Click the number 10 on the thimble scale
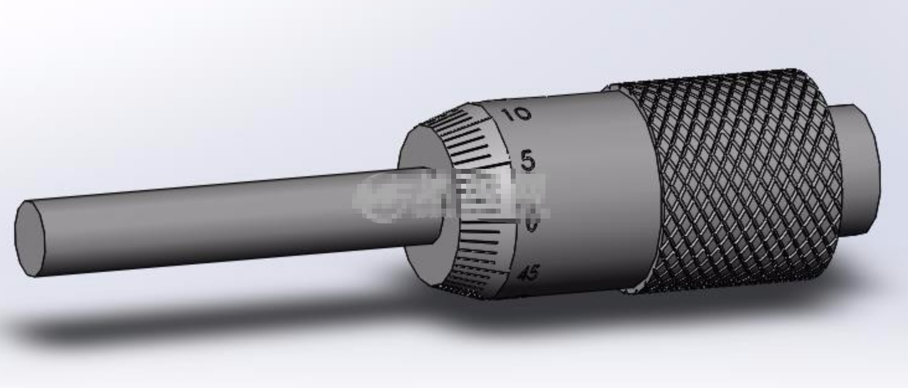(515, 114)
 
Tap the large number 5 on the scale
(527, 161)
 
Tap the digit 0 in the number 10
(521, 114)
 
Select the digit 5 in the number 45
(533, 273)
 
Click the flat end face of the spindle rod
(29, 238)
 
